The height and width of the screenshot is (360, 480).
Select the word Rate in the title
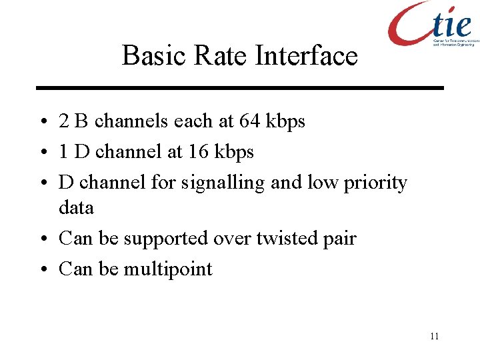213,55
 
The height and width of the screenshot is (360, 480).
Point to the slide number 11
434,336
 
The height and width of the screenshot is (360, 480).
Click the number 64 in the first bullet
250,121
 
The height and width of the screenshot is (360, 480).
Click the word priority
375,183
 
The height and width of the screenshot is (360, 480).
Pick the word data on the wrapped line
76,208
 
